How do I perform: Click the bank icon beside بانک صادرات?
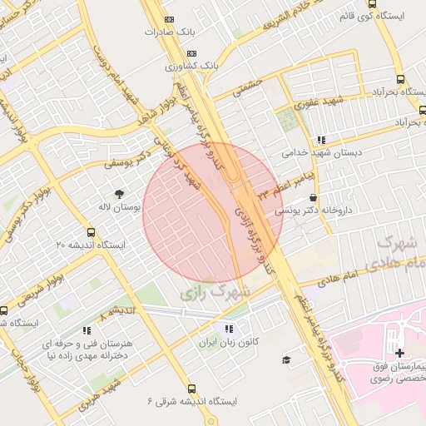(x=170, y=19)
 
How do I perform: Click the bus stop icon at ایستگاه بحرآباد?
(x=401, y=79)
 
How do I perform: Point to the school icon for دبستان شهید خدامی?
(x=321, y=140)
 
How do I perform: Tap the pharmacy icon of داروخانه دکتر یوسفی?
(x=313, y=198)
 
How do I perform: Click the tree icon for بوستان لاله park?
(x=119, y=193)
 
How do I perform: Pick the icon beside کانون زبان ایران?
(x=229, y=328)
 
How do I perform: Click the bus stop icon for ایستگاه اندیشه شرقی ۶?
(x=192, y=389)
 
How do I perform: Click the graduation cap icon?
(x=286, y=359)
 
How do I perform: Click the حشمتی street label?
(x=248, y=86)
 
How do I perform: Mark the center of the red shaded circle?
(x=214, y=213)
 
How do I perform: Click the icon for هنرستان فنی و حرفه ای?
(x=87, y=330)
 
